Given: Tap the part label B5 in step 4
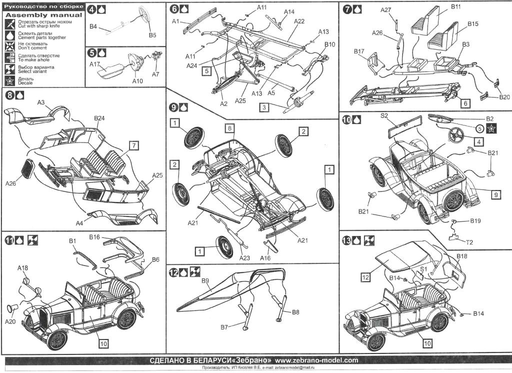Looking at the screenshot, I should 152,35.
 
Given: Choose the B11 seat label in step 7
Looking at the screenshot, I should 456,7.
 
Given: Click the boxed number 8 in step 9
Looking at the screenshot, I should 229,128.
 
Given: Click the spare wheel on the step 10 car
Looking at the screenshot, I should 453,201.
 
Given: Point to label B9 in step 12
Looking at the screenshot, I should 205,280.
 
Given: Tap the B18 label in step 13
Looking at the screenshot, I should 462,256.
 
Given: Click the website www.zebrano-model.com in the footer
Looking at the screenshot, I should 316,360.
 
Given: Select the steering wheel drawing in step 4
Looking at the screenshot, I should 144,14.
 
